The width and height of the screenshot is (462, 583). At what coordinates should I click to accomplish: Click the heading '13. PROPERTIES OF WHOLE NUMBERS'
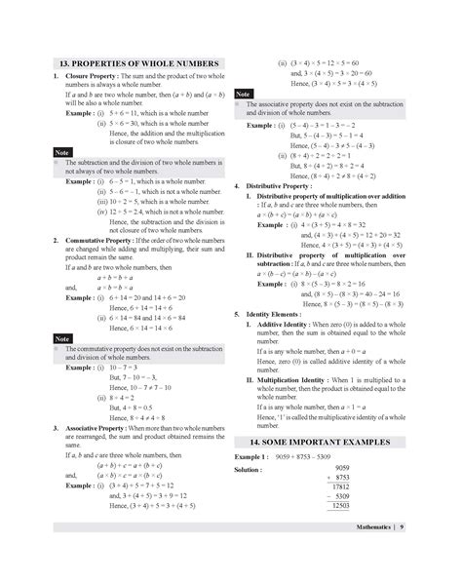tap(137, 64)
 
